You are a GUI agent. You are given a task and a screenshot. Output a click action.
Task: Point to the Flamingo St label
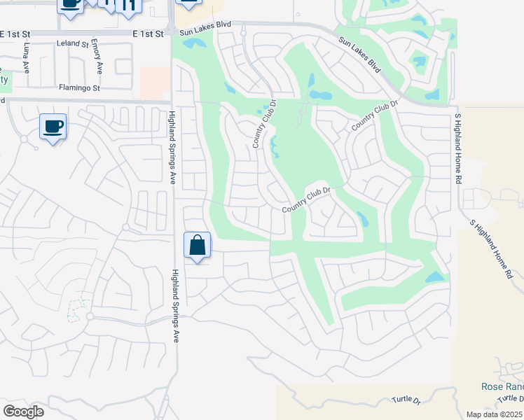(x=79, y=88)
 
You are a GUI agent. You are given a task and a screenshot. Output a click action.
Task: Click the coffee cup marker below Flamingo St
(x=53, y=127)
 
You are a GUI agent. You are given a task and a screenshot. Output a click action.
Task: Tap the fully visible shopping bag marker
(x=198, y=246)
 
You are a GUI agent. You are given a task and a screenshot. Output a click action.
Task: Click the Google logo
(x=23, y=412)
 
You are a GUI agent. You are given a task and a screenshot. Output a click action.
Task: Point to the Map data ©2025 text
(x=493, y=414)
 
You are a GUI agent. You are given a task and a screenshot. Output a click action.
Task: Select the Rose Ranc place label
(x=502, y=386)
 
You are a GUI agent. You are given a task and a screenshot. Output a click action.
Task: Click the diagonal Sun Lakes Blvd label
(x=359, y=56)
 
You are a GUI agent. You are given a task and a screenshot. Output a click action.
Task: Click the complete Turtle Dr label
(x=406, y=400)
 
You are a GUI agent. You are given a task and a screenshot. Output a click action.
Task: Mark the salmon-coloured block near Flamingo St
(x=155, y=83)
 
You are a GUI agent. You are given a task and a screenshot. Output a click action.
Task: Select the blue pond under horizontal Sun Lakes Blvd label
(x=194, y=43)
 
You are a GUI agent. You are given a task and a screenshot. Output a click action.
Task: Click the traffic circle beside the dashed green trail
(x=90, y=317)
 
